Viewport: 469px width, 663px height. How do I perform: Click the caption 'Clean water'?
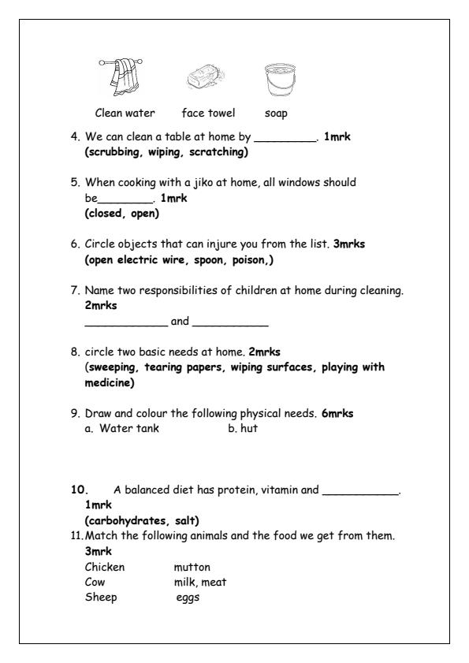click(125, 113)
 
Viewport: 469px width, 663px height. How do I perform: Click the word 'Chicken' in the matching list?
click(104, 567)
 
